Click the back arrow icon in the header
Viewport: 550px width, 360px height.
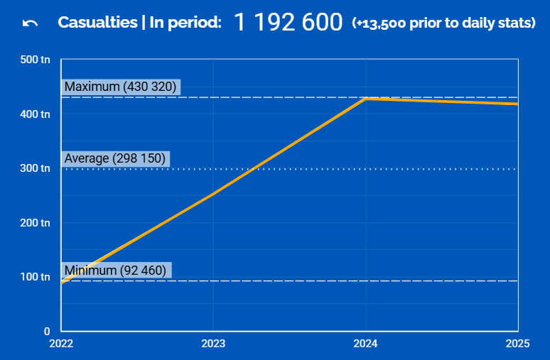30,23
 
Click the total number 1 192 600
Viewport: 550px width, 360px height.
288,23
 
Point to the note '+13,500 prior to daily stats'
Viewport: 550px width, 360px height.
443,23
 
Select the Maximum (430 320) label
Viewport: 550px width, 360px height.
120,87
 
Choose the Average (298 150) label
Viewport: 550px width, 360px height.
115,158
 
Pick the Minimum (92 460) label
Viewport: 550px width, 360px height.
115,271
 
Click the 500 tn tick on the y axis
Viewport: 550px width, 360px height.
36,60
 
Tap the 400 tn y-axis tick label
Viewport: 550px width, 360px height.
36,114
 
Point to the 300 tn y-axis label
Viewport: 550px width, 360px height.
36,168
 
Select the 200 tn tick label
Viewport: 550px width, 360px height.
36,223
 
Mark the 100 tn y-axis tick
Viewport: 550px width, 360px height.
36,277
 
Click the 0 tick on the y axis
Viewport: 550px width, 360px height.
46,331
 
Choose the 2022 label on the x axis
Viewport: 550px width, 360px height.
61,344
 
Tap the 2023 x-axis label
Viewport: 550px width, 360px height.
213,344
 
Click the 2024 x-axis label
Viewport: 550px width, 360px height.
365,344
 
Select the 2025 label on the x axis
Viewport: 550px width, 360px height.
517,344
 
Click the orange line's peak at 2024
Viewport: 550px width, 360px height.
365,99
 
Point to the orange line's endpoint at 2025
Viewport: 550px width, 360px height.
517,104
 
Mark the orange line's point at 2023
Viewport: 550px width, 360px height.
213,194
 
